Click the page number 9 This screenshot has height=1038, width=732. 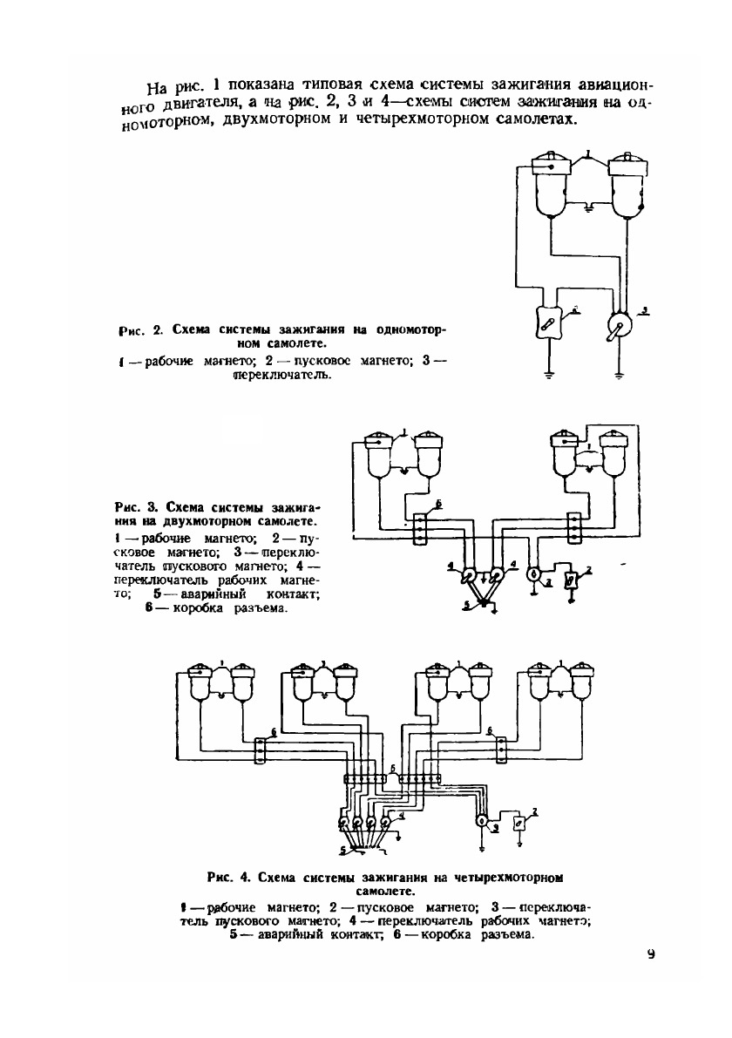point(650,953)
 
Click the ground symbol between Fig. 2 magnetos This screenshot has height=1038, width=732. point(588,207)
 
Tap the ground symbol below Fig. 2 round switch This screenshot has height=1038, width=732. point(620,376)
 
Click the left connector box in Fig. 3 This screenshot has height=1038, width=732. point(418,527)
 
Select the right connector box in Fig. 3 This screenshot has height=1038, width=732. point(574,527)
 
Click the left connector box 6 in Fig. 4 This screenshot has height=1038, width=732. point(261,750)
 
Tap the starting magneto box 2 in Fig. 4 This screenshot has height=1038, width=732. point(520,822)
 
